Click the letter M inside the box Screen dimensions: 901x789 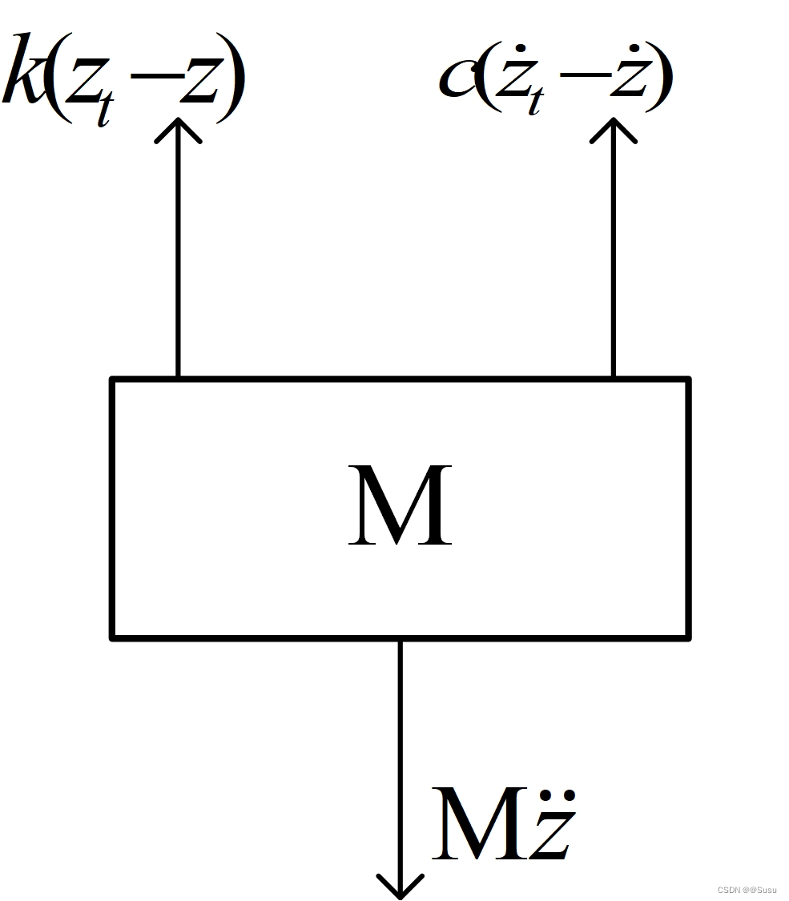[400, 506]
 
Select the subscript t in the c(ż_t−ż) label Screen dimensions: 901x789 [534, 102]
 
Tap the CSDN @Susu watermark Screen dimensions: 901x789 [747, 890]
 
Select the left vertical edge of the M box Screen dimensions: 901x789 [113, 509]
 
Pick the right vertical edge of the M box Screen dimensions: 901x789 [687, 509]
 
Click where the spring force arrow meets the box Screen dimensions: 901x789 [178, 378]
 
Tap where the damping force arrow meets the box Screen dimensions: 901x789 [614, 378]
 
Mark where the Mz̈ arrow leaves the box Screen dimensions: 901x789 [400, 639]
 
